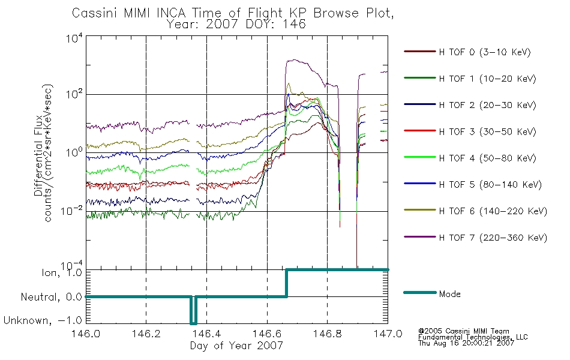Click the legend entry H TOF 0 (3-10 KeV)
[x=485, y=52]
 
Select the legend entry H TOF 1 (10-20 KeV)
[x=487, y=79]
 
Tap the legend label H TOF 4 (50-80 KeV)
[x=487, y=158]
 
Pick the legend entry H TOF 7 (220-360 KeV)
[x=493, y=238]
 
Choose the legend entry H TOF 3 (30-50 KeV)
[x=487, y=131]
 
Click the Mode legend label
[x=449, y=294]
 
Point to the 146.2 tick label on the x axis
[x=146, y=334]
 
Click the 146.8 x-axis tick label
[x=327, y=334]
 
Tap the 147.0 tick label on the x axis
[x=388, y=334]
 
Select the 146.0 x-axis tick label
[x=86, y=334]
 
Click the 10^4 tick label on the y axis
[x=74, y=38]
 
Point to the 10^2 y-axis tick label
[x=74, y=95]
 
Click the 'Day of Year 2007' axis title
[x=236, y=346]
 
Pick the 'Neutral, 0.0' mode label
[x=51, y=298]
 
